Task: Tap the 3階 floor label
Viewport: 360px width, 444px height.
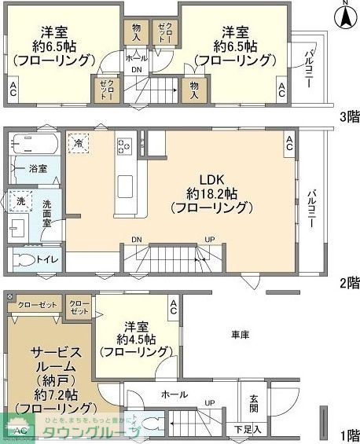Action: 349,117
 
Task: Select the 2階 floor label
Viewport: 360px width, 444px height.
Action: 349,282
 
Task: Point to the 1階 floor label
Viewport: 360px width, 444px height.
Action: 349,435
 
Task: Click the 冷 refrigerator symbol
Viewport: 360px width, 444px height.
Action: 79,142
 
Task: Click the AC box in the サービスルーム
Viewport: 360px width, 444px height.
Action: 20,431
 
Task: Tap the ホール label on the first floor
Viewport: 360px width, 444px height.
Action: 174,394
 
